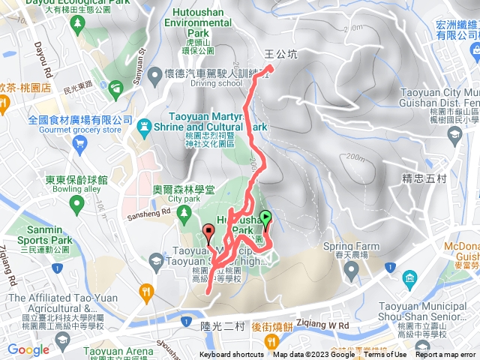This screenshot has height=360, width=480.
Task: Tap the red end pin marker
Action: pos(208,231)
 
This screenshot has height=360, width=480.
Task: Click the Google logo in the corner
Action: pos(28,349)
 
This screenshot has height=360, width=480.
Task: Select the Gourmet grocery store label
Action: pos(74,130)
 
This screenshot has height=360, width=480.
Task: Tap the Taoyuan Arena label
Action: pos(113,350)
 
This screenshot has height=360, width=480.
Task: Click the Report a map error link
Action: pos(447,355)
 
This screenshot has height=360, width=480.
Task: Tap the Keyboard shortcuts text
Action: pos(231,355)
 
